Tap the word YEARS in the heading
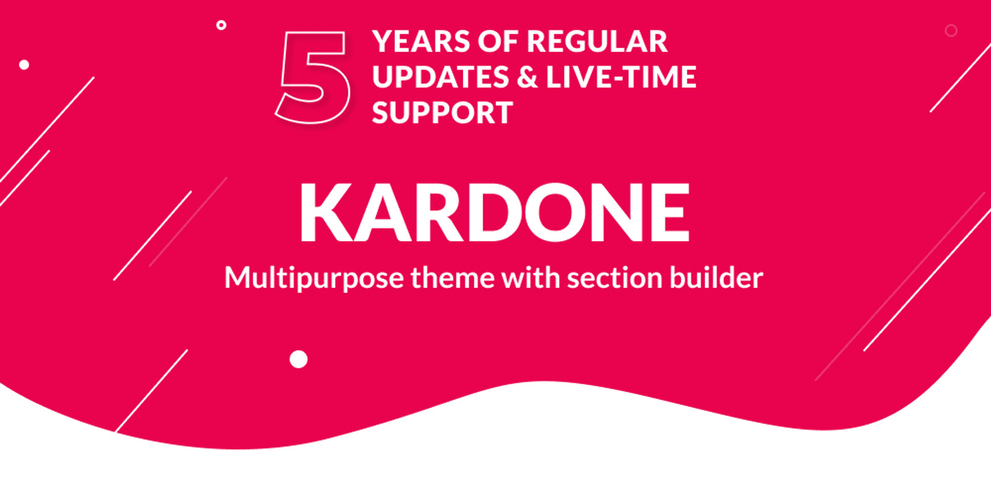(x=421, y=42)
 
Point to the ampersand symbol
(x=527, y=77)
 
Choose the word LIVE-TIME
(x=621, y=77)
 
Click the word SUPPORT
(x=442, y=113)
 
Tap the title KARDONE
(x=494, y=213)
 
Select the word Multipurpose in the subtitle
(x=314, y=278)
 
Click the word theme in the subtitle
(x=452, y=278)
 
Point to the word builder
(x=716, y=278)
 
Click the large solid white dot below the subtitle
(x=299, y=359)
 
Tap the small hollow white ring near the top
(x=221, y=25)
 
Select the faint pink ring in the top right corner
(x=951, y=30)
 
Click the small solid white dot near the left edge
(x=24, y=64)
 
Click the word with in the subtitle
(x=531, y=278)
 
